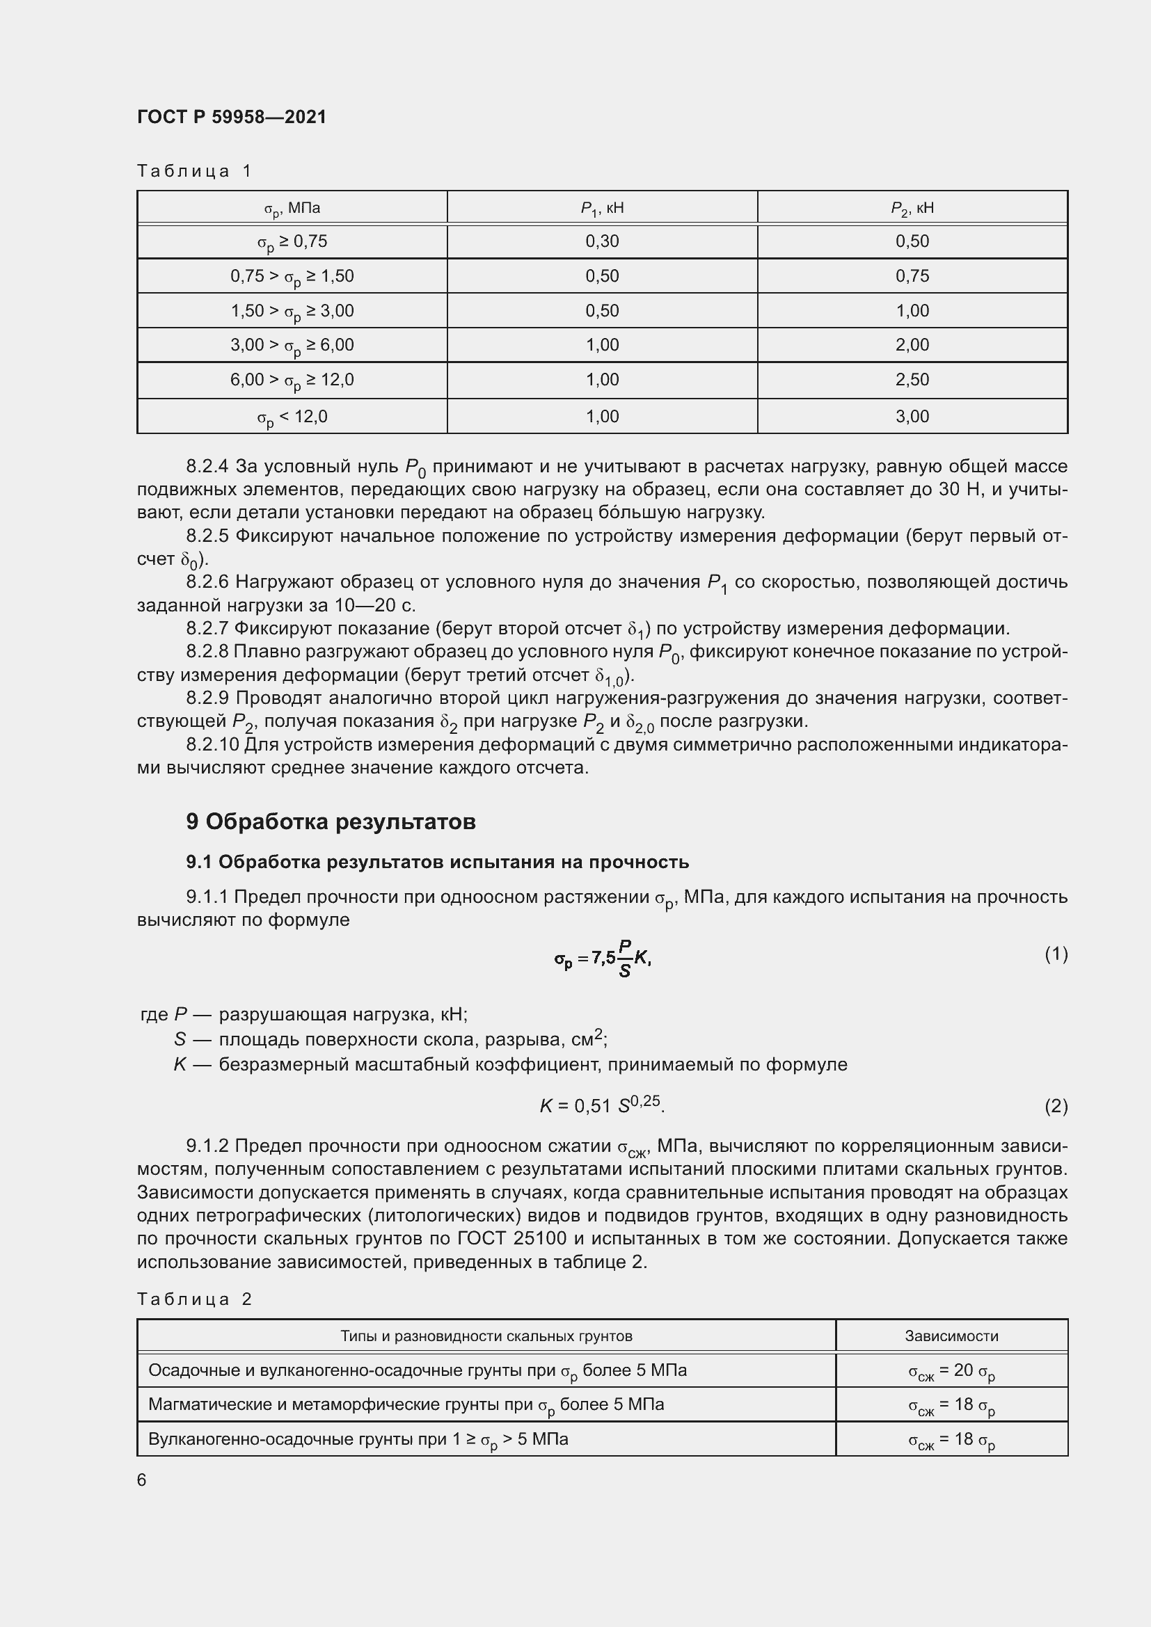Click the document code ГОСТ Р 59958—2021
[x=232, y=117]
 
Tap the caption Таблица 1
[x=194, y=171]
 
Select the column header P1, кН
[x=602, y=207]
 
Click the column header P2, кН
[x=912, y=207]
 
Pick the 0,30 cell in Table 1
[x=602, y=241]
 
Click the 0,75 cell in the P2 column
[x=912, y=275]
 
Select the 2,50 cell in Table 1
[x=912, y=380]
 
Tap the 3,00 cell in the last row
[x=912, y=417]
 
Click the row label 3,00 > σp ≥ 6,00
[x=292, y=345]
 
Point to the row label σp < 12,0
[x=292, y=417]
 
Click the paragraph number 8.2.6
[x=207, y=582]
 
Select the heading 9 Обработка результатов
[x=331, y=822]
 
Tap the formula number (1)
[x=1056, y=954]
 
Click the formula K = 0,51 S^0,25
[x=602, y=1105]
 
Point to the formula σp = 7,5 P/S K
[x=603, y=958]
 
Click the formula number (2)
[x=1056, y=1106]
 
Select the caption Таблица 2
[x=194, y=1299]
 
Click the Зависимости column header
[x=951, y=1336]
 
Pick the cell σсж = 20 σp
[x=951, y=1371]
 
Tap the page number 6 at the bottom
[x=142, y=1480]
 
